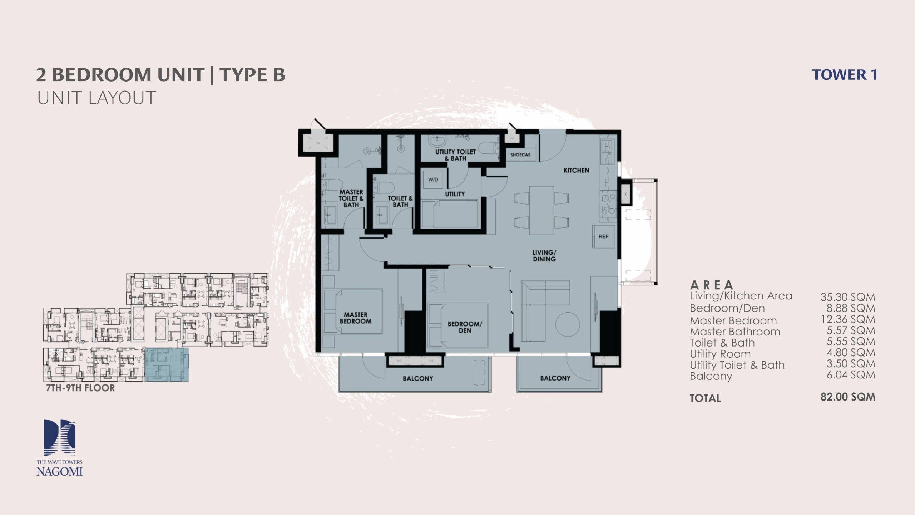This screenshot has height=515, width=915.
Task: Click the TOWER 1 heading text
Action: [x=844, y=75]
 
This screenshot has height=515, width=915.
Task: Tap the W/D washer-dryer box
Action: [x=433, y=180]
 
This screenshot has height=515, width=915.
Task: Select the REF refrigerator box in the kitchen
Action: [x=603, y=236]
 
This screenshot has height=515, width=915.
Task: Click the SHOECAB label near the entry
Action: [x=520, y=155]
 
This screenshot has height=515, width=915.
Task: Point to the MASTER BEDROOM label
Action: [x=355, y=318]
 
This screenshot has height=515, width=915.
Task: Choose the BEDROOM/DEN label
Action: [x=465, y=327]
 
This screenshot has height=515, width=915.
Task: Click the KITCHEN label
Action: [x=576, y=170]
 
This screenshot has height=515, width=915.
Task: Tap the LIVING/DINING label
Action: [x=544, y=256]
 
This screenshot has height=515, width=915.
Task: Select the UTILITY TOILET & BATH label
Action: [x=455, y=155]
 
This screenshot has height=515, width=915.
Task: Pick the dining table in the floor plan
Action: [x=541, y=210]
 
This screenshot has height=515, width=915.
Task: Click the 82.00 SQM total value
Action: [x=848, y=397]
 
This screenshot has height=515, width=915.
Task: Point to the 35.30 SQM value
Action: [x=848, y=297]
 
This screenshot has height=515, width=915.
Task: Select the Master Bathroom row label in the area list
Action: [x=735, y=332]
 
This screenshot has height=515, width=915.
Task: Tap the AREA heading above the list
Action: [x=712, y=285]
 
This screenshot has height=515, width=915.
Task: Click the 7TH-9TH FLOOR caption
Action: [x=80, y=388]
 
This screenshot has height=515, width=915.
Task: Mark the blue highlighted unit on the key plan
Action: [x=167, y=364]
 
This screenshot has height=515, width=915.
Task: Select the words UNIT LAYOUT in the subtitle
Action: [x=97, y=98]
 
